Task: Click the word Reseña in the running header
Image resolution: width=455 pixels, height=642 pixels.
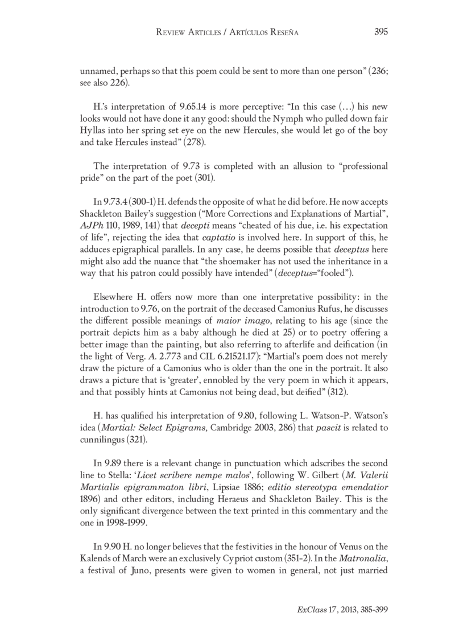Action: tap(283, 33)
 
